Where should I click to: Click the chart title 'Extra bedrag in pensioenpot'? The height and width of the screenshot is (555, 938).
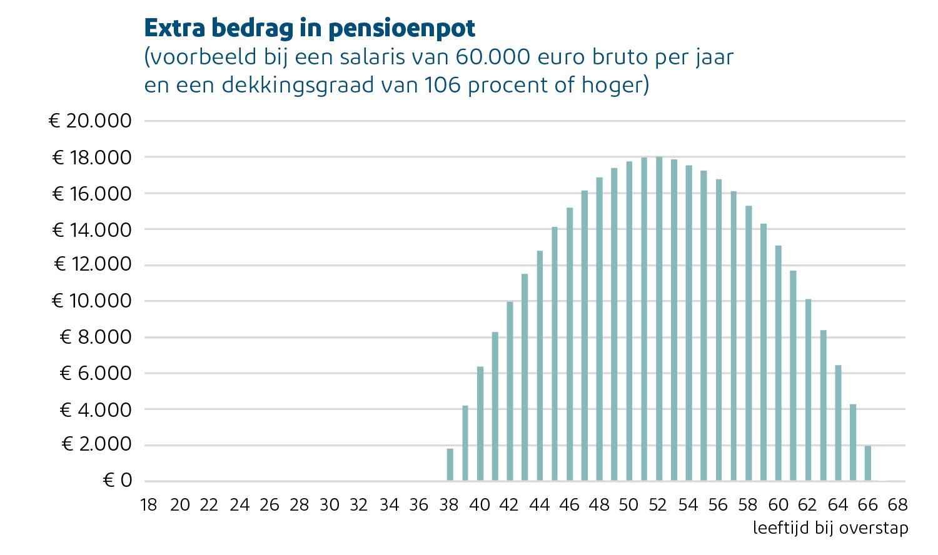(x=310, y=28)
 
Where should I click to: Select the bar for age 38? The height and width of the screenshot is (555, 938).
(x=450, y=465)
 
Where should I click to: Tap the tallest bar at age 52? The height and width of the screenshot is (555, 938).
(x=659, y=319)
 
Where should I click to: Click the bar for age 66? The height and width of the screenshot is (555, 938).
(x=868, y=464)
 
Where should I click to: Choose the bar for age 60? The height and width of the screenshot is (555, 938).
(x=779, y=363)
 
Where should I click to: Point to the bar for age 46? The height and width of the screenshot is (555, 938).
(x=570, y=344)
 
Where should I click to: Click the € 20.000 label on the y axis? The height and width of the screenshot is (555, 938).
(x=91, y=121)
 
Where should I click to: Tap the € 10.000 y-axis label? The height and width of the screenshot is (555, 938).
(x=92, y=301)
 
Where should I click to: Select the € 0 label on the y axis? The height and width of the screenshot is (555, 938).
(x=118, y=481)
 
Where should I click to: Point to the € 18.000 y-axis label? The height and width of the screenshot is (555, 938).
(x=92, y=157)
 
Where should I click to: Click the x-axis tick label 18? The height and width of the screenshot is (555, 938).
(x=149, y=505)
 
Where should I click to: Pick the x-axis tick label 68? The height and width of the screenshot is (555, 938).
(x=897, y=505)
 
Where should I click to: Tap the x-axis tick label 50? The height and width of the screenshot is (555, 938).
(x=629, y=505)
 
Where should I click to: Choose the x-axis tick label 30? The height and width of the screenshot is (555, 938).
(x=330, y=505)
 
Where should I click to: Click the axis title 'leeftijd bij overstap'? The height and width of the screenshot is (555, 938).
(x=830, y=528)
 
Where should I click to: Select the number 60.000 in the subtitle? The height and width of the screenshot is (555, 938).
(x=491, y=57)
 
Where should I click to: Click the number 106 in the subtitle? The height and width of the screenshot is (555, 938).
(x=442, y=85)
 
